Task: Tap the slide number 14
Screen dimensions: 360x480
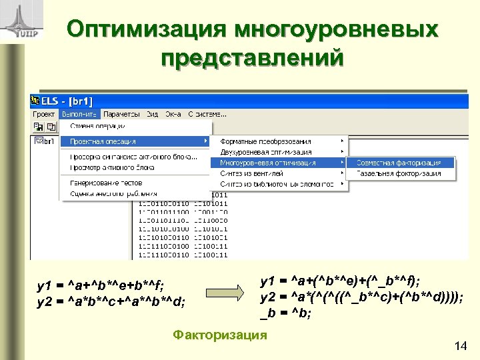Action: coord(459,345)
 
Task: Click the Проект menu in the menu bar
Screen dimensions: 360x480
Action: coord(44,113)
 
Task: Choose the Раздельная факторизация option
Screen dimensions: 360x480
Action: coord(398,173)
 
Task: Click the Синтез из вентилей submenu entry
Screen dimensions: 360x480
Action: coord(252,173)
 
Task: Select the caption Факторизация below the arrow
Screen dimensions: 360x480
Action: coord(219,334)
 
